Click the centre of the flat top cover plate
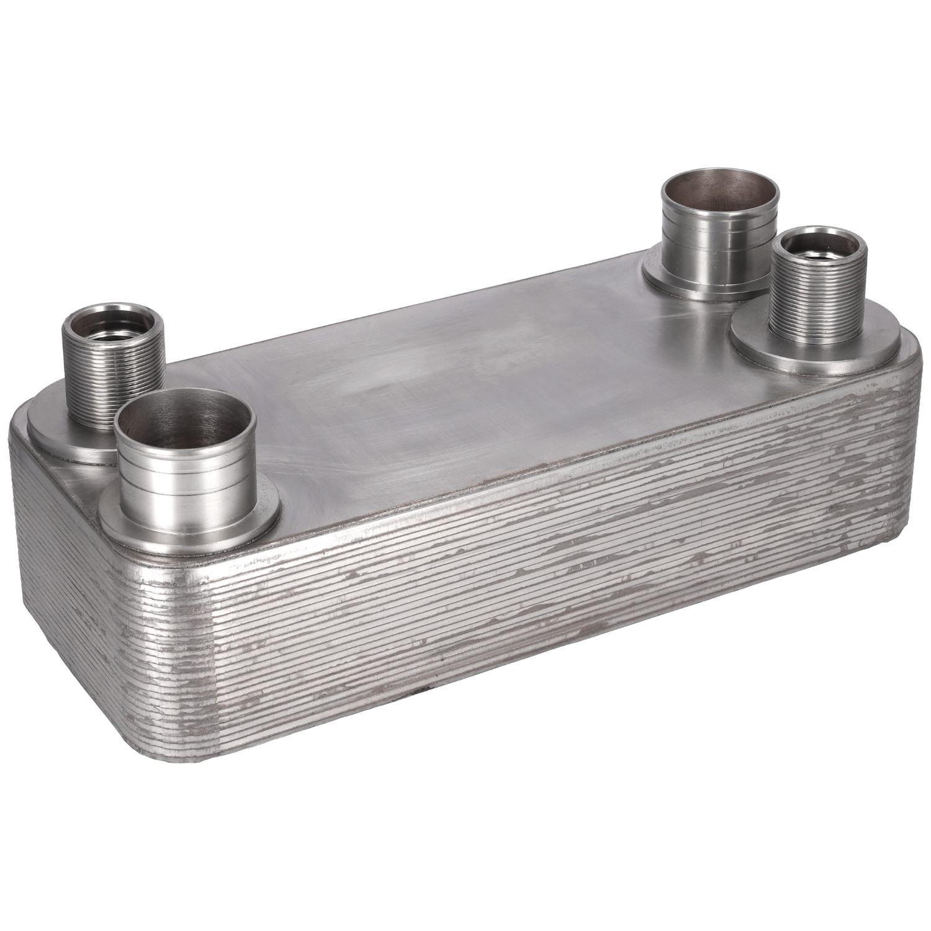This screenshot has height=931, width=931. [x=472, y=397]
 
